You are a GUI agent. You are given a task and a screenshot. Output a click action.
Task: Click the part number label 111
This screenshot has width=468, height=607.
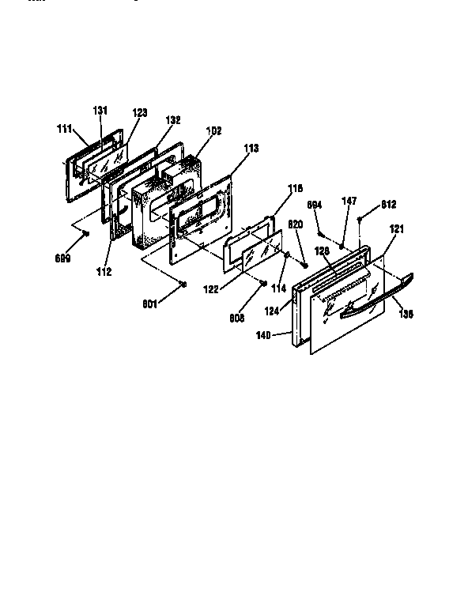click(64, 128)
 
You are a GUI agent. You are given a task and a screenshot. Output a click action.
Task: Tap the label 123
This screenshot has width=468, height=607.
click(139, 114)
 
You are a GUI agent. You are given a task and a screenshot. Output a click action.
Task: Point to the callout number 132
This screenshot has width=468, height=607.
click(173, 120)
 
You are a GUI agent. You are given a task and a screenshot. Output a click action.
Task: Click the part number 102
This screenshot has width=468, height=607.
click(213, 130)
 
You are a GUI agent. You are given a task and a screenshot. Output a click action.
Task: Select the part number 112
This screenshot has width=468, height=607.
click(104, 272)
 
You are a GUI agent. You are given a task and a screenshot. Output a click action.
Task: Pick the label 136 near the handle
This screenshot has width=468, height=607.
click(406, 313)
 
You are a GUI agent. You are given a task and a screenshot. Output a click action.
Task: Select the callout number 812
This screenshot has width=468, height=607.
click(388, 205)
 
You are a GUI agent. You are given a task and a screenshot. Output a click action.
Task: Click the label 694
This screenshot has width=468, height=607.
click(314, 205)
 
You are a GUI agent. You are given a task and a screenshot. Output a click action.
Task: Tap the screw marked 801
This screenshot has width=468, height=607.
click(183, 285)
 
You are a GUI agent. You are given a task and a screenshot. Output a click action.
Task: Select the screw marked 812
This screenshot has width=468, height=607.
click(360, 219)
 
